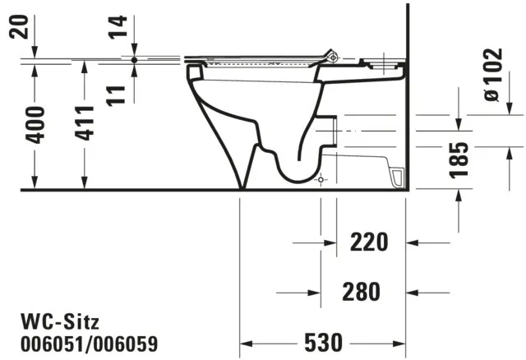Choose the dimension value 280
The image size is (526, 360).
tap(362, 291)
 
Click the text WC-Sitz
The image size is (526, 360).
tap(52, 319)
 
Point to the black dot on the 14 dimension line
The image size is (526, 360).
tap(134, 59)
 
